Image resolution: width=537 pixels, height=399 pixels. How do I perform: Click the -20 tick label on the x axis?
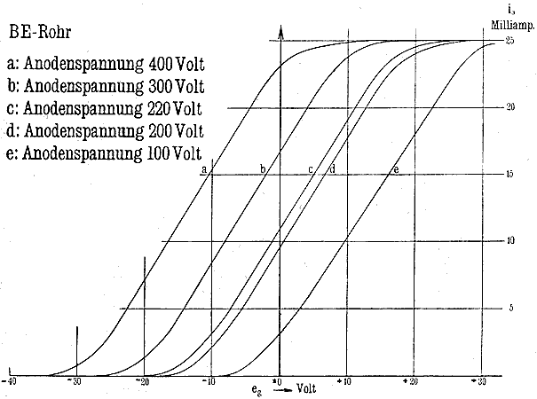[142, 381]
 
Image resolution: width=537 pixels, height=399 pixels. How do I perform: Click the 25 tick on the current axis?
[510, 41]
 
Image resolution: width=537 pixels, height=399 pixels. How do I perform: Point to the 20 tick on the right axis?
[510, 107]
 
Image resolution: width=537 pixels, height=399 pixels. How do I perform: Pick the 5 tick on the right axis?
[510, 309]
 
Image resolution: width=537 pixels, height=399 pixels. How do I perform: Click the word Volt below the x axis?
[307, 388]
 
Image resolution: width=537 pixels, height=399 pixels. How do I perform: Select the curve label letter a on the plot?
[203, 168]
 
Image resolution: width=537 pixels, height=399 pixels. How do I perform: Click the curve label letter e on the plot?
[396, 168]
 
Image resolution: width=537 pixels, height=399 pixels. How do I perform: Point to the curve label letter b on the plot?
[263, 168]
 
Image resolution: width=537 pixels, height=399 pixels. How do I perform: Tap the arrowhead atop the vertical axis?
[280, 33]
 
